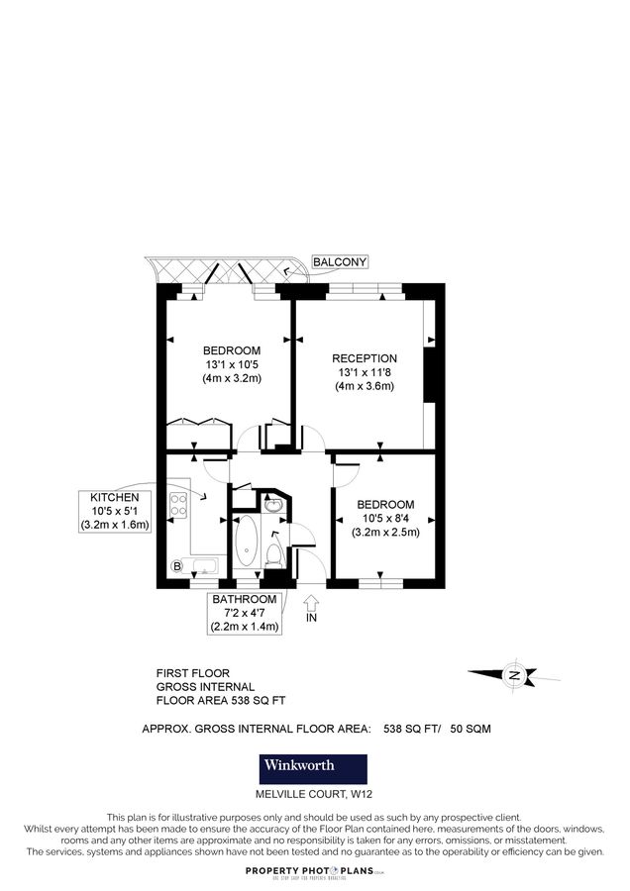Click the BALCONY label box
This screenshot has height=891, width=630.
[339, 262]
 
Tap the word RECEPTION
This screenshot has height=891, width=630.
[365, 358]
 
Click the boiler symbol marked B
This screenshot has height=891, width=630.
[177, 566]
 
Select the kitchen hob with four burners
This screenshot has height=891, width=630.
[179, 505]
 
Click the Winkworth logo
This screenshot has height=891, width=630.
[312, 765]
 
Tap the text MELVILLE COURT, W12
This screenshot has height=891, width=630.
[312, 795]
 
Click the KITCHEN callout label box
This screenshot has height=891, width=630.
[115, 511]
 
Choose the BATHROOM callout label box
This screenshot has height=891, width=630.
[244, 613]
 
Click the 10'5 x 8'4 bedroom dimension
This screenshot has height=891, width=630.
[385, 518]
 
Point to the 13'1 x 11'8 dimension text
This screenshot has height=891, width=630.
[365, 372]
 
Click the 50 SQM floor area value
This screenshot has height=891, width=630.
[471, 729]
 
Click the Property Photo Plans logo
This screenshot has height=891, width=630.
[315, 870]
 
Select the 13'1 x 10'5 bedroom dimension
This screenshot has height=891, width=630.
[232, 364]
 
